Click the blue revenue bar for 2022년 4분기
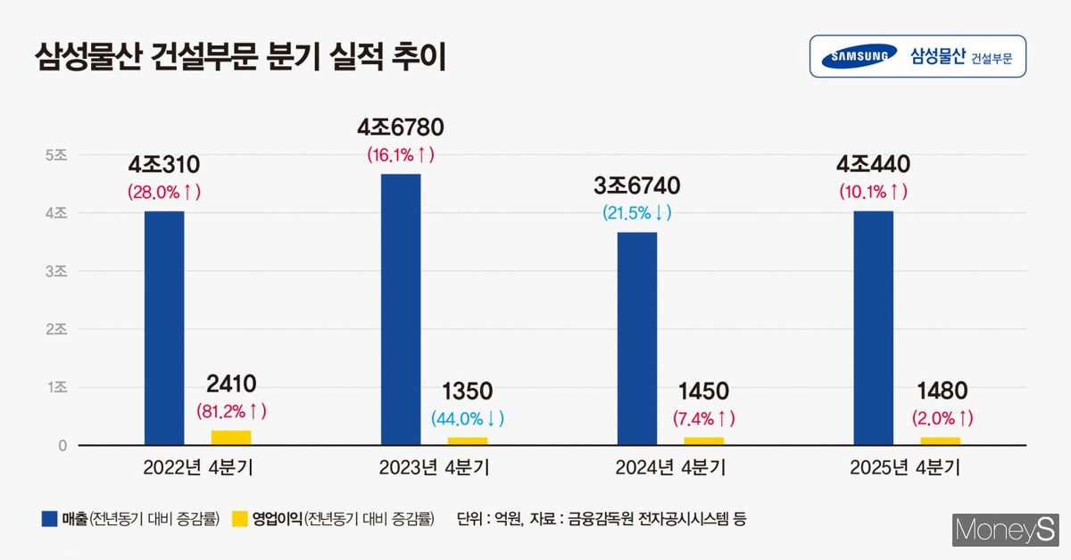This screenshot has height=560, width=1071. coord(163,327)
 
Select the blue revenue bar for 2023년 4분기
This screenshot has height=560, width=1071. coord(400,309)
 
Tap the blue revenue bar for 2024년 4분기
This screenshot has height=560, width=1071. coord(637,338)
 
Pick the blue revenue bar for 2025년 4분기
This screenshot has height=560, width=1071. coord(873,327)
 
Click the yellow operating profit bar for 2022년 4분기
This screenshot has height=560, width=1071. coord(230,437)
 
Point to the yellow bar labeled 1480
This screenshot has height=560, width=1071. coord(940,441)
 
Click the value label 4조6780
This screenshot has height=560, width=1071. coord(400,128)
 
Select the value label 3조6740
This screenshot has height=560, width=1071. coord(637,185)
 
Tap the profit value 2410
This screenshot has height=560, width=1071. coord(230,384)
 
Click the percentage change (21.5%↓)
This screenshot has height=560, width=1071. coord(637,212)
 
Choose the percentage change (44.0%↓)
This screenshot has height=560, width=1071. coord(467,417)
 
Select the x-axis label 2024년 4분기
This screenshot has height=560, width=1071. coord(670,468)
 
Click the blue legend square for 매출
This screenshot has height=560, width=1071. coord(50,518)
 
